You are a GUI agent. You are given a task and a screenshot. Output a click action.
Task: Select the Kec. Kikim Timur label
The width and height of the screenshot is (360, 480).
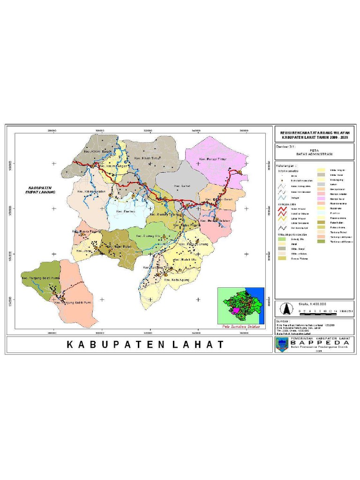click(148, 158)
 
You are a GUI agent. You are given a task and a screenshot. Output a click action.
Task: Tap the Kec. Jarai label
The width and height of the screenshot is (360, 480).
click(85, 244)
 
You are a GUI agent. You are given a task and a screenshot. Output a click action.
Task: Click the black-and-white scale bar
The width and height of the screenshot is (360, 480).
click(322, 311)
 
